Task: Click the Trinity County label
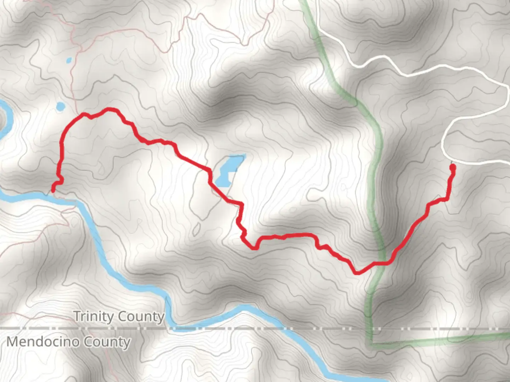[x=119, y=316]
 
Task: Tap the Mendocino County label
[x=69, y=342]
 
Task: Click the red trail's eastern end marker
[x=452, y=167]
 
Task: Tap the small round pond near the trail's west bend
[x=60, y=106]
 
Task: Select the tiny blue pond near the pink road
[x=69, y=60]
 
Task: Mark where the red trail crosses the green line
[x=384, y=263]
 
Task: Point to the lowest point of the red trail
[x=357, y=273]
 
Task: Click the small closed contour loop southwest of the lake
[x=196, y=230]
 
